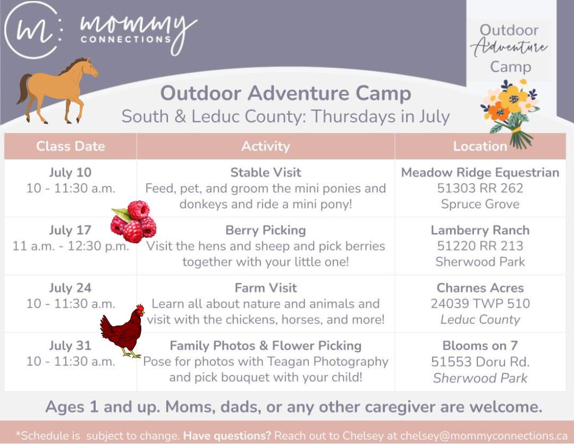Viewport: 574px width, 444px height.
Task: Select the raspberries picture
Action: coord(133,221)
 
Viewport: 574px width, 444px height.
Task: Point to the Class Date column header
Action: coord(70,146)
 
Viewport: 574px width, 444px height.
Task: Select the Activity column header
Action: coord(266,146)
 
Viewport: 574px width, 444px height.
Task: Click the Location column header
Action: coord(480,146)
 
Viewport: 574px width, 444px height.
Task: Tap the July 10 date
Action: coord(70,172)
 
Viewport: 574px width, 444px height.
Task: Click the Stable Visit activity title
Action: coord(266,172)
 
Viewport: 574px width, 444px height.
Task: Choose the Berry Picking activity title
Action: coord(266,230)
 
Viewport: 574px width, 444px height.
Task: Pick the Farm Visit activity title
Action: coord(266,288)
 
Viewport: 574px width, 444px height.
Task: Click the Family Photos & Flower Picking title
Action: coord(266,346)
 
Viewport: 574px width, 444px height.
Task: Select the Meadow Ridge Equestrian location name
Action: coord(480,172)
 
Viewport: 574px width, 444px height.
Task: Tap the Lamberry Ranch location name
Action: coord(480,230)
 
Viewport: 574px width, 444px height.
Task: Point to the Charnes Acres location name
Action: coord(480,288)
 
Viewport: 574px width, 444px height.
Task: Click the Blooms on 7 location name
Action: coord(480,346)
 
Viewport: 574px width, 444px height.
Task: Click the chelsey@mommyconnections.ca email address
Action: coord(484,436)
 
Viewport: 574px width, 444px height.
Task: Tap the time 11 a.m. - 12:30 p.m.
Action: coord(71,246)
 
